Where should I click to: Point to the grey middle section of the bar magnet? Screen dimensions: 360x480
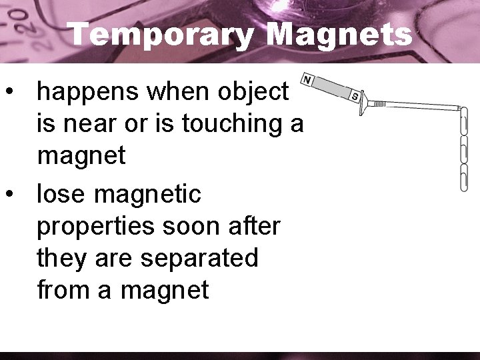click(x=332, y=88)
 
